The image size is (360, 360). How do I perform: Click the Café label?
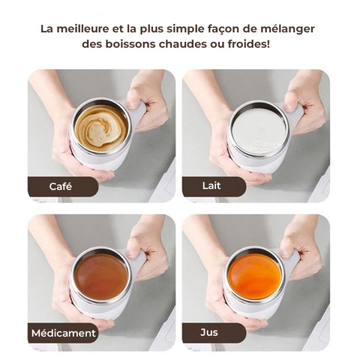(x=61, y=187)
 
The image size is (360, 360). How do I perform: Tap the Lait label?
(x=211, y=186)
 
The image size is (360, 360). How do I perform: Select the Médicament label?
(x=64, y=333)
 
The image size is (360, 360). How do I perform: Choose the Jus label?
(x=209, y=332)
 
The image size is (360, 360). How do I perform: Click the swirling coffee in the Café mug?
(x=101, y=128)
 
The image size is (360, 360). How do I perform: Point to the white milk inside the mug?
(x=258, y=131)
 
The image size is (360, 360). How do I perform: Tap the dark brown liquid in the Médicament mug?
(x=101, y=277)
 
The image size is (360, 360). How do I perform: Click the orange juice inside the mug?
(x=254, y=276)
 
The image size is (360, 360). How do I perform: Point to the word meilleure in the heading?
(x=82, y=28)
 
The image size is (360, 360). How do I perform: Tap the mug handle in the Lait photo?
(x=295, y=116)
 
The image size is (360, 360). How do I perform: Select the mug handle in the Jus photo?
(x=292, y=262)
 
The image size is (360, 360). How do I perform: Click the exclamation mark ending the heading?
(x=268, y=43)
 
